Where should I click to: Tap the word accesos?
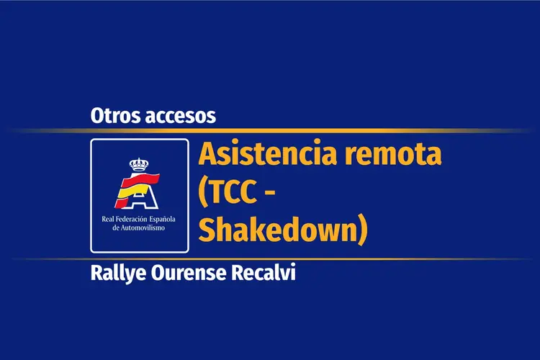click(x=181, y=117)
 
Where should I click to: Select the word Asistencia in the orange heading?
click(x=267, y=153)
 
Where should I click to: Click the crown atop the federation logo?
click(x=139, y=165)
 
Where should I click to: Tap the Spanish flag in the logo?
click(x=137, y=190)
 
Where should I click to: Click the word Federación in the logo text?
click(x=131, y=219)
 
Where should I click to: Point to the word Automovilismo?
click(x=143, y=228)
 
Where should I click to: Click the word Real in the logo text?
click(x=107, y=219)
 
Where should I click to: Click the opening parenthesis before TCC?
click(x=203, y=193)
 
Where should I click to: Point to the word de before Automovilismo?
click(x=116, y=228)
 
